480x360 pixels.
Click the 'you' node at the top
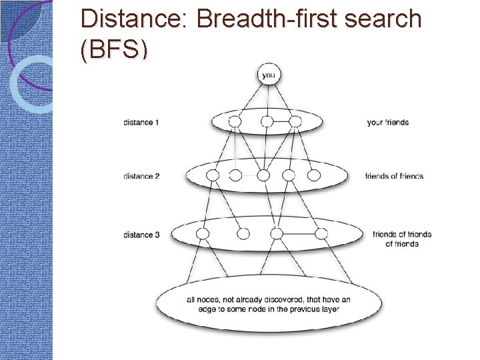(268, 75)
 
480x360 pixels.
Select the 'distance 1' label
(141, 123)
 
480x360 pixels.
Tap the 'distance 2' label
(141, 176)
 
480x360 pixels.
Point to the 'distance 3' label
(141, 235)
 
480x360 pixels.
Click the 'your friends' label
(387, 123)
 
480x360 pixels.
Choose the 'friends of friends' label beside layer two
(394, 176)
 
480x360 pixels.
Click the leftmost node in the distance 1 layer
(234, 122)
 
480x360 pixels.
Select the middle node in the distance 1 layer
(267, 122)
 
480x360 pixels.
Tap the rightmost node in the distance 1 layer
(295, 122)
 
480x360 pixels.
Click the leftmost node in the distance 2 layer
(213, 175)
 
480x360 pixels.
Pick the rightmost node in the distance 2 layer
(314, 175)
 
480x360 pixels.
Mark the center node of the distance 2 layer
(263, 175)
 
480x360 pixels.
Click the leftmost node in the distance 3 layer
(203, 234)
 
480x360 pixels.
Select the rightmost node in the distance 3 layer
(321, 234)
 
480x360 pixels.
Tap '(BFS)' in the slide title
(113, 50)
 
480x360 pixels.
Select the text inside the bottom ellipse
(268, 304)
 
